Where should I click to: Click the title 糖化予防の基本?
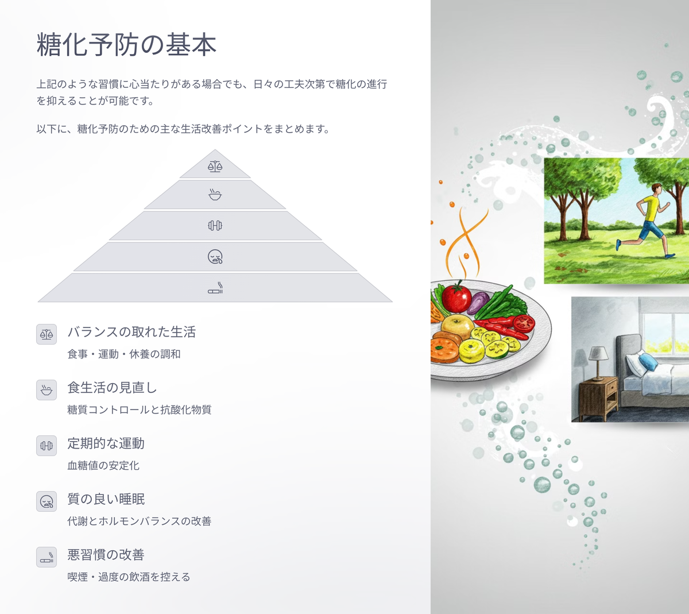126,44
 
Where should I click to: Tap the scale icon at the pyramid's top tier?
215,167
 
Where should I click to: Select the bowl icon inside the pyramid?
215,195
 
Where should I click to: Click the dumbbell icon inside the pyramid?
215,226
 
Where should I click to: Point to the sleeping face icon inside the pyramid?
215,257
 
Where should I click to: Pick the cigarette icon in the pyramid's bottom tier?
215,288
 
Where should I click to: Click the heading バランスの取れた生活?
131,332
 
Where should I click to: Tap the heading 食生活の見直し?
112,388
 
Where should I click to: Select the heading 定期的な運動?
106,443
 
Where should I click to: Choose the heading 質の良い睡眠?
106,499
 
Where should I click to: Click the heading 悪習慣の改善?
106,555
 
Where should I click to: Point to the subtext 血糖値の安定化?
103,465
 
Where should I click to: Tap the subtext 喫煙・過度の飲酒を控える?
129,577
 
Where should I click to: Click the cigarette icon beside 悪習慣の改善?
47,557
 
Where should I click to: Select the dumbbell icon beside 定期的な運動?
47,446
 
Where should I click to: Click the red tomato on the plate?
456,298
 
